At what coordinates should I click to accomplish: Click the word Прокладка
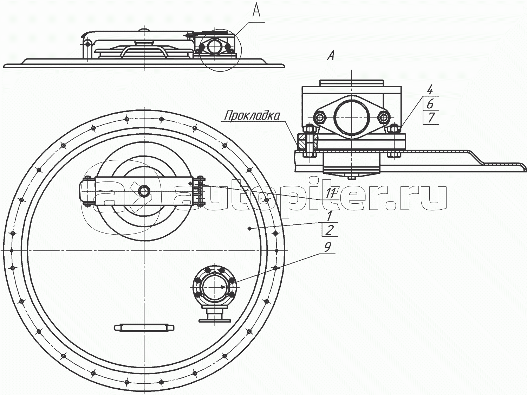click(x=252, y=116)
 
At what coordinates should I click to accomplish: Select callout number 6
click(x=430, y=104)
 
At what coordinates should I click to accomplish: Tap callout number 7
click(x=431, y=118)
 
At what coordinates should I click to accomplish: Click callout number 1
click(x=329, y=216)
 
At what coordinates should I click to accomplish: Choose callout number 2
click(x=330, y=230)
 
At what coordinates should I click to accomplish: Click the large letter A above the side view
click(x=256, y=9)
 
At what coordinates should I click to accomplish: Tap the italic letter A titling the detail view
click(x=331, y=56)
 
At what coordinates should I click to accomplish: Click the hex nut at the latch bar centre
click(x=144, y=191)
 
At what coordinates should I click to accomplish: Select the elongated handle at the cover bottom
click(x=144, y=327)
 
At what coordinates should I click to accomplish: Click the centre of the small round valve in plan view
click(x=214, y=287)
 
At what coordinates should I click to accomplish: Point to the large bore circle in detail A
click(x=351, y=117)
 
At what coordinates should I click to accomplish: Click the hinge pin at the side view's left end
click(x=88, y=44)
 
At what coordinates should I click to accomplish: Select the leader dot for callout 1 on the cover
click(x=250, y=229)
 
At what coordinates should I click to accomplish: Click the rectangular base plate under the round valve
click(x=214, y=320)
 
